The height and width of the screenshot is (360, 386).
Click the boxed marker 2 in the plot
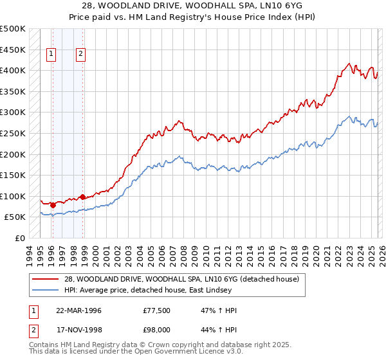(81, 55)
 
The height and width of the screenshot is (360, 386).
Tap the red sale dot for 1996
(53, 206)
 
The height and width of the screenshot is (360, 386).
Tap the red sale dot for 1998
(82, 197)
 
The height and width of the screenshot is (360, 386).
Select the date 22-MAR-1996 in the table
(78, 310)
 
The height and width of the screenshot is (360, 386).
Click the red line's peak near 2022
(348, 64)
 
